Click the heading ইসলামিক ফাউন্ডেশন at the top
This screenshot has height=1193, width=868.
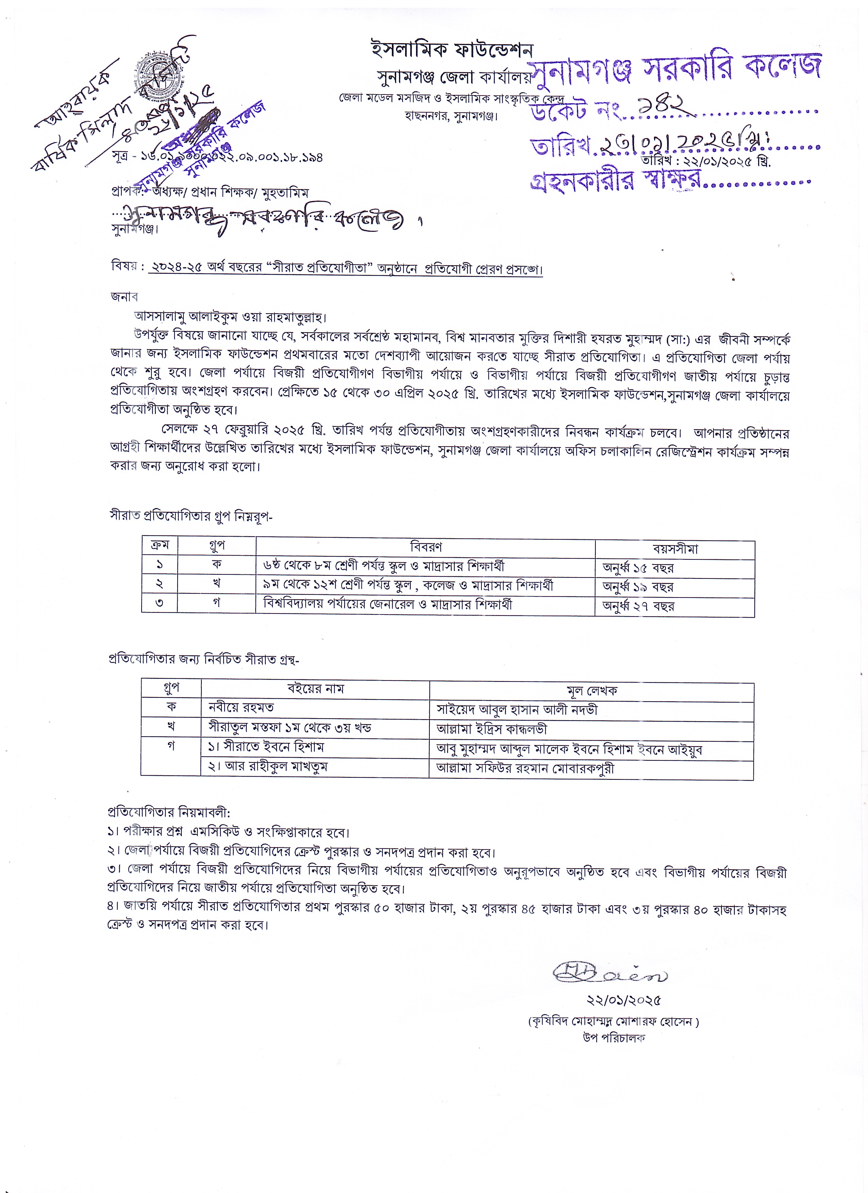click(x=452, y=50)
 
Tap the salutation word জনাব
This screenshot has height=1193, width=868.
click(x=124, y=297)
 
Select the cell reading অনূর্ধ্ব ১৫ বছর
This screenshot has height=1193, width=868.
click(x=638, y=568)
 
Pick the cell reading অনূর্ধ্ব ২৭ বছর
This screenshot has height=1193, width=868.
click(x=638, y=606)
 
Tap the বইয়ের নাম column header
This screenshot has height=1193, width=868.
click(x=315, y=689)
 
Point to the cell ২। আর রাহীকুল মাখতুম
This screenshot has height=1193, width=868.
click(x=267, y=767)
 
